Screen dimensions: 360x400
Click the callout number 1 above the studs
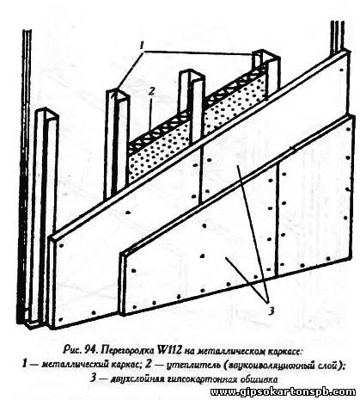[142, 46]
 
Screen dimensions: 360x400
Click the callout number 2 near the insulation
[151, 92]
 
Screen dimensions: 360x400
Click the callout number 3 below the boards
[272, 311]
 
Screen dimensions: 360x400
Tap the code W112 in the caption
[168, 350]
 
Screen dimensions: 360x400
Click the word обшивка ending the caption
[258, 380]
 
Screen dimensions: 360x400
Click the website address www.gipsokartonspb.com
[284, 392]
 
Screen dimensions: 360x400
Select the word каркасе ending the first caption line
[284, 351]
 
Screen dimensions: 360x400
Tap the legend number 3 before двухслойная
[92, 379]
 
